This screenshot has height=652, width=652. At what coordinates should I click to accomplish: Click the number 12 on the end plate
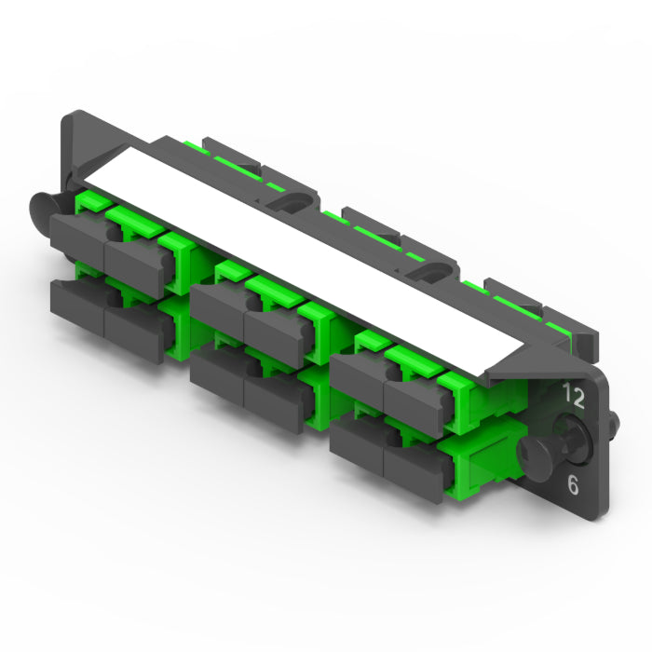574,396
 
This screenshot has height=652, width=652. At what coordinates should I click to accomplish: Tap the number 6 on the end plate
573,484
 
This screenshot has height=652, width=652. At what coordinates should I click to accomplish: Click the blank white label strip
304,261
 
